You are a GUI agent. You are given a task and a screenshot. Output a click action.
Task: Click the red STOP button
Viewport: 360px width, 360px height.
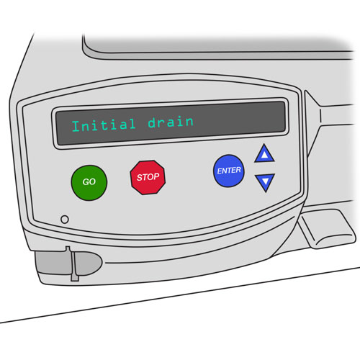point(148,177)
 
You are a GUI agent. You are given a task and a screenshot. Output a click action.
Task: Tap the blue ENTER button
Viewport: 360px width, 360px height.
point(229,171)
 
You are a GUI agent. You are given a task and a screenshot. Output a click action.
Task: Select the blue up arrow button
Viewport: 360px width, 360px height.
point(264,153)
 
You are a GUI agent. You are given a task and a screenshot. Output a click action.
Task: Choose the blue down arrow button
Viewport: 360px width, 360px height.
point(265,182)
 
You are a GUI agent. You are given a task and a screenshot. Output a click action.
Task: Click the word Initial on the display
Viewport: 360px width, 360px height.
point(104,125)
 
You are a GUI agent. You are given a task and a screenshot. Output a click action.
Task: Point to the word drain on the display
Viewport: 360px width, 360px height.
point(171,122)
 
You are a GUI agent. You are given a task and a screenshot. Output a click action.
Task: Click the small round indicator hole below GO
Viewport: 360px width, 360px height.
point(65,219)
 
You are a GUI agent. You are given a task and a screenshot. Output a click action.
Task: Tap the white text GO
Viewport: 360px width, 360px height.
point(89,182)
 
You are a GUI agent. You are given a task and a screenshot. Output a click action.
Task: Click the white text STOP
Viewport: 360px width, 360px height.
point(148,177)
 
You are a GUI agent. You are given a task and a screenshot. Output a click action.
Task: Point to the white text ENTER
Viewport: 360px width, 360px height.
point(229,171)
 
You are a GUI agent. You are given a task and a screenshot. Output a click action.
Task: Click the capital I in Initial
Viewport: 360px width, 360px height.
point(76,126)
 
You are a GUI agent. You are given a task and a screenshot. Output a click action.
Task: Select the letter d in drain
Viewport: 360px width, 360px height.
point(152,122)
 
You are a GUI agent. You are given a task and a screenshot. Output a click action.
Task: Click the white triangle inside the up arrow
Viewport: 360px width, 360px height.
point(264,155)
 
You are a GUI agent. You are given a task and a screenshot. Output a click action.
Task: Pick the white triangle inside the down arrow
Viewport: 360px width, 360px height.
point(265,181)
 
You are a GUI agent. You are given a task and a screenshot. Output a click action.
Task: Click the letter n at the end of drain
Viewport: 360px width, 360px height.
point(189,122)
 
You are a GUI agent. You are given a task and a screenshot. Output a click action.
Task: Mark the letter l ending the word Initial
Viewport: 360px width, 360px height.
point(132,124)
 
